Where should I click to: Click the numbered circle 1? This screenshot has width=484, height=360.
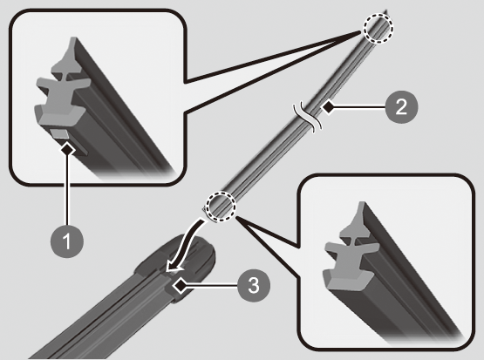67,241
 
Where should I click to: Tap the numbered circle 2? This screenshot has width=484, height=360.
401,107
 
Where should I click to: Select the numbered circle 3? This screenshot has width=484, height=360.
254,285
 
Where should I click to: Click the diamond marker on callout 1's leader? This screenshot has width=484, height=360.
68,150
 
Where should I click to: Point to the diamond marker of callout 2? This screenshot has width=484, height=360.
328,107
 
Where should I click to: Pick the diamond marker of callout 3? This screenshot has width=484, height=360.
180,286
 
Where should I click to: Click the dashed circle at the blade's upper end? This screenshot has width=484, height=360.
378,29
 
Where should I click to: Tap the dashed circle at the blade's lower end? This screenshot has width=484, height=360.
221,206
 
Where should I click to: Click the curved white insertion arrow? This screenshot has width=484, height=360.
185,245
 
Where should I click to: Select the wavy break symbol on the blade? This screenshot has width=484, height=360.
308,116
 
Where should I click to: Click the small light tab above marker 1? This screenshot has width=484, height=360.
59,134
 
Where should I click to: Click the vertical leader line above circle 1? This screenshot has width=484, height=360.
67,190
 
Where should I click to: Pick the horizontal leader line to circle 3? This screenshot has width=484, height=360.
212,286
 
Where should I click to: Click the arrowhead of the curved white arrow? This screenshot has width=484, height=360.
173,266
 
